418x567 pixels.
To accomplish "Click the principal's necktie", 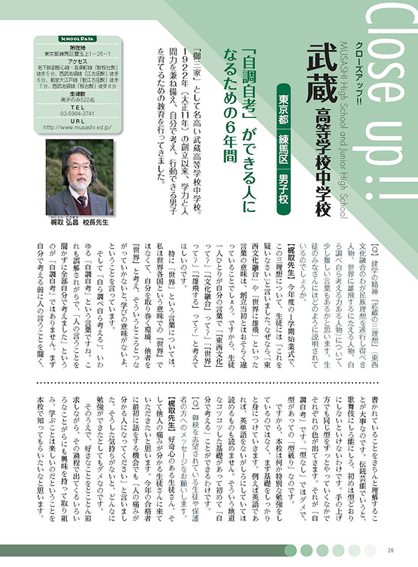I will [82, 202].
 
